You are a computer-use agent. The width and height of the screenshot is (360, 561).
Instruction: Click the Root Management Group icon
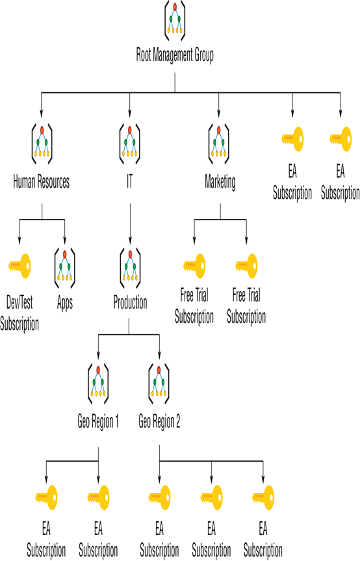175,20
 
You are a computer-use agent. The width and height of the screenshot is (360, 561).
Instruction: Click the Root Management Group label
175,55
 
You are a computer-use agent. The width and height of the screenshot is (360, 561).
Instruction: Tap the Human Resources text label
41,181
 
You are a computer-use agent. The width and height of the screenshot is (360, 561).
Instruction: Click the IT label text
130,181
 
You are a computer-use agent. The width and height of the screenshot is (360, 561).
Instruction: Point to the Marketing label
220,182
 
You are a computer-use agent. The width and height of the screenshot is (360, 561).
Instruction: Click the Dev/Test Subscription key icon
19,266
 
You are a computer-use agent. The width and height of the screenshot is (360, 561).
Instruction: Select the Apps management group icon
65,268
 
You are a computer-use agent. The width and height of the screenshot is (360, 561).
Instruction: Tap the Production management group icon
130,268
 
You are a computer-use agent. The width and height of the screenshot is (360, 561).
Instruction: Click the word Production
130,303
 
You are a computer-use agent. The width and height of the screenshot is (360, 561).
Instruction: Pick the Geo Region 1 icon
98,384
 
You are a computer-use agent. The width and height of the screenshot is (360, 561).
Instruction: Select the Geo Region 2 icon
159,384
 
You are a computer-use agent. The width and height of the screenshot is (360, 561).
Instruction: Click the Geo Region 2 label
159,422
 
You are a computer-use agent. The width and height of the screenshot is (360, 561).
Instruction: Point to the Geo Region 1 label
98,422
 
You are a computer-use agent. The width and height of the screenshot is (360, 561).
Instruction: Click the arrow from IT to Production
130,223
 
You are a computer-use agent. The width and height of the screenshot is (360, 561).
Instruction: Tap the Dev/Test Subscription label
19,314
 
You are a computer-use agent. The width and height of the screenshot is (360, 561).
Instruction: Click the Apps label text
65,303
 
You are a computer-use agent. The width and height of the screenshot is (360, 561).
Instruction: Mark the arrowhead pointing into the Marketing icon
218,114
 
